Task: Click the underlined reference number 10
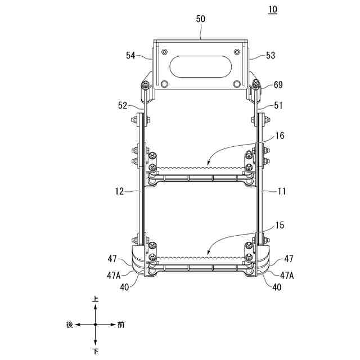(x=272, y=10)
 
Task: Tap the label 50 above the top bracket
(x=200, y=19)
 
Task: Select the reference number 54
(x=130, y=55)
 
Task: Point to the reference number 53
(x=271, y=55)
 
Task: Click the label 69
(x=278, y=85)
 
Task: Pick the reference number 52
(x=123, y=105)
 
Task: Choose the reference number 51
(x=278, y=105)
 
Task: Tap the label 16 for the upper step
(x=280, y=136)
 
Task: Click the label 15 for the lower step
(x=280, y=225)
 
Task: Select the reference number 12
(x=119, y=191)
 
